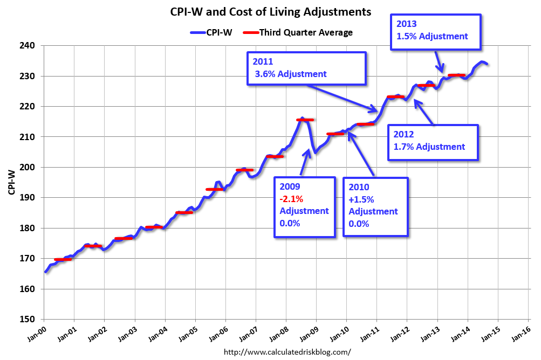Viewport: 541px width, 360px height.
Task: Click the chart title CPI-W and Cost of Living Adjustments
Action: point(270,11)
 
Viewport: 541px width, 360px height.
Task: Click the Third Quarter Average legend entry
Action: point(305,32)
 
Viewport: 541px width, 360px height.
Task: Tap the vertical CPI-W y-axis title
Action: point(11,182)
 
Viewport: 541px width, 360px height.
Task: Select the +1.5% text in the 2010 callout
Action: point(361,199)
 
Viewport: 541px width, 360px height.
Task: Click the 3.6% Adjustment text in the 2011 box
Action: point(292,74)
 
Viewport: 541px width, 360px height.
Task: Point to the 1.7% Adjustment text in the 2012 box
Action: point(430,147)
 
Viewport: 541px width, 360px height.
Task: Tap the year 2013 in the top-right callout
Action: point(406,24)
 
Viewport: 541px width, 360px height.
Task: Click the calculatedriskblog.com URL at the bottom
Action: point(287,352)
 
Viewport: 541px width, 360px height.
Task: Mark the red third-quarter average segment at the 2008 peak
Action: point(305,120)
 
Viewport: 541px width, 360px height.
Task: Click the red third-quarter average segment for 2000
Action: point(63,259)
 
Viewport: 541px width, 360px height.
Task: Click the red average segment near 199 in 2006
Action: point(244,170)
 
